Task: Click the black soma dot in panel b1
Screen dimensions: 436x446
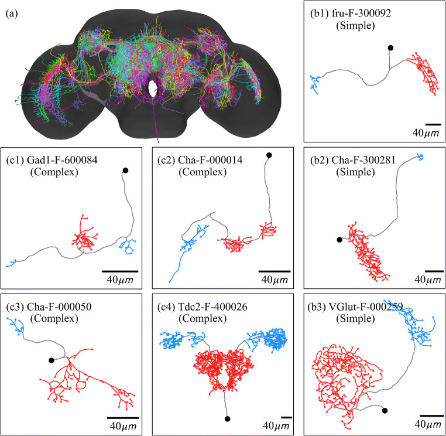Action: tap(390, 47)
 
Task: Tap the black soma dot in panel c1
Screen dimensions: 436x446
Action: tap(125, 171)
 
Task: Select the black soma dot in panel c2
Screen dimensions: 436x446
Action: tap(269, 155)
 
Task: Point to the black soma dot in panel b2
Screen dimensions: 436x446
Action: tap(339, 239)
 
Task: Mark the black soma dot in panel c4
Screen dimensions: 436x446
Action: tap(227, 418)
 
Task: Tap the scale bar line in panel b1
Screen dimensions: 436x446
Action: tap(433, 124)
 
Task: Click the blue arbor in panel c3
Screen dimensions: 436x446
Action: tap(16, 325)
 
